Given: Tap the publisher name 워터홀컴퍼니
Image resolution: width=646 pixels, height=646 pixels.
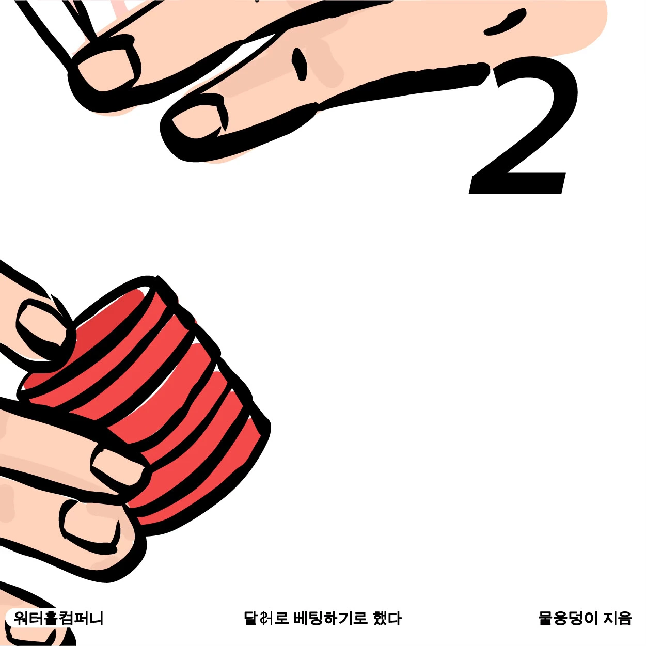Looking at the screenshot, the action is [x=58, y=618].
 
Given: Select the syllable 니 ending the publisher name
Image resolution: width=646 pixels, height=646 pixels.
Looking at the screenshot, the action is [x=97, y=618].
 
